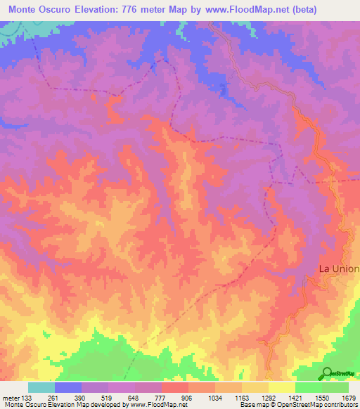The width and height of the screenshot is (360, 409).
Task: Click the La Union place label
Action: pos(339,268)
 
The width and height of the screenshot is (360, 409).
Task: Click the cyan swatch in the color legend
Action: pos(41,387)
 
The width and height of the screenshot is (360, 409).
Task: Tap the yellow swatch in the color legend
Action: pos(281,387)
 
